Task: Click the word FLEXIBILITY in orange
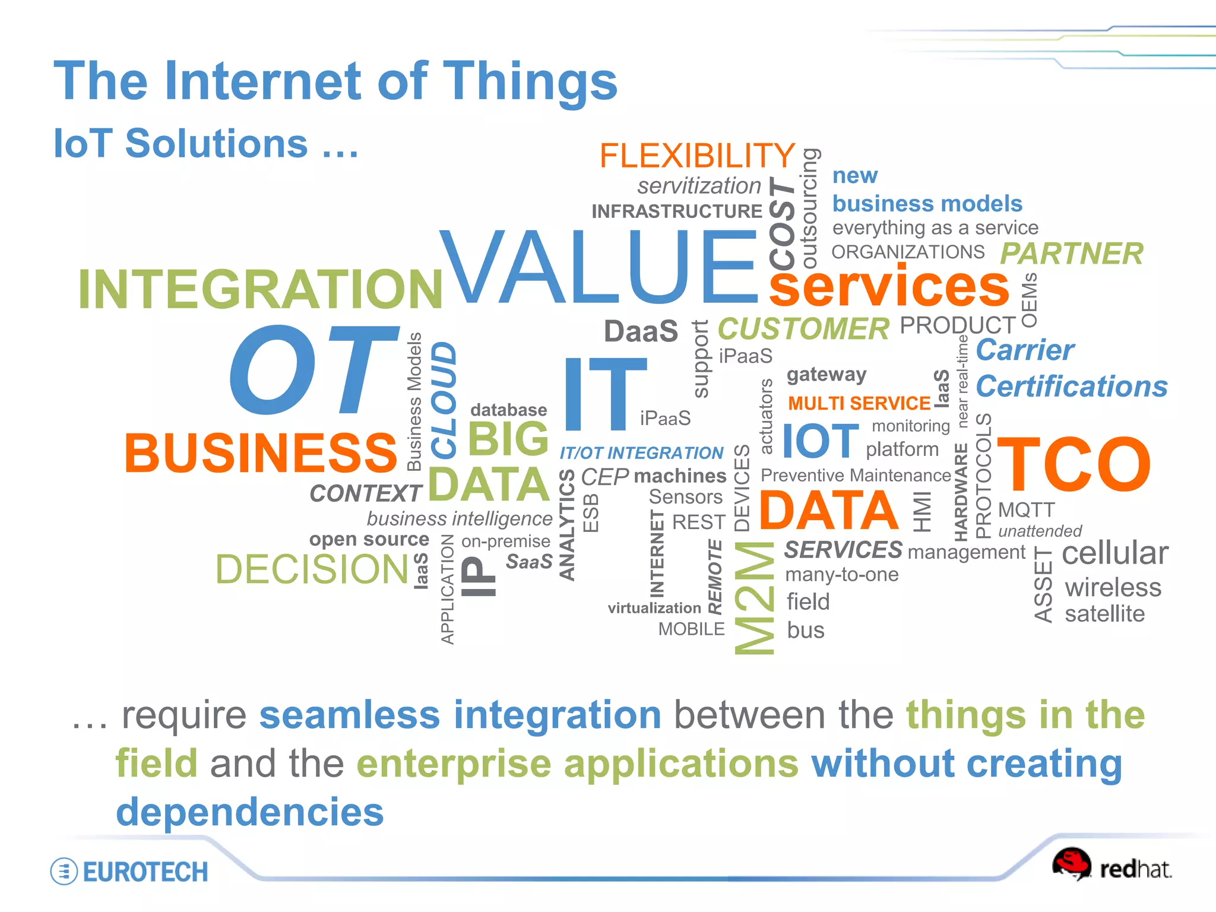tap(696, 156)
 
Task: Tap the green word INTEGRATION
tap(260, 290)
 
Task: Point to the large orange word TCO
tap(1073, 464)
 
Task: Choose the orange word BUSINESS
tap(260, 453)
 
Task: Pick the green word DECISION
tap(312, 569)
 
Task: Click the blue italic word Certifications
tap(1072, 387)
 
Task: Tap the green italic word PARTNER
tap(1071, 254)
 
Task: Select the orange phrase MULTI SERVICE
tap(859, 404)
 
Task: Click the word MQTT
tap(1026, 509)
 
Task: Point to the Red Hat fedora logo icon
tap(1071, 864)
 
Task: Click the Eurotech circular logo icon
tap(64, 872)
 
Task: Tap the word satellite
tap(1104, 614)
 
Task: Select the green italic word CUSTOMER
tap(803, 329)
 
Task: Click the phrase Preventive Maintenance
tap(855, 475)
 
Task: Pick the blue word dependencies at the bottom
tap(250, 812)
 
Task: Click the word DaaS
tap(641, 331)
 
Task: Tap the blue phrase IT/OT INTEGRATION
tap(641, 453)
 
